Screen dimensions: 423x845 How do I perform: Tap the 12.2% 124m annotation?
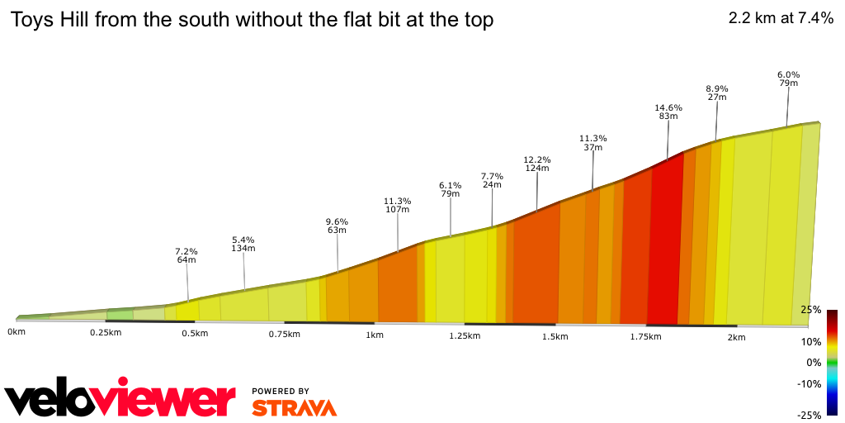[537, 164]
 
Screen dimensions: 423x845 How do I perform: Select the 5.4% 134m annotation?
[243, 244]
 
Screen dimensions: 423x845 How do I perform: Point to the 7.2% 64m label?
[186, 255]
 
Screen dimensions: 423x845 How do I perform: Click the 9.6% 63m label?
[337, 226]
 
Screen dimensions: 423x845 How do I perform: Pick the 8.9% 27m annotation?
[716, 93]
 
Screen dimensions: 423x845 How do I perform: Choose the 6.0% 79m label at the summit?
[788, 78]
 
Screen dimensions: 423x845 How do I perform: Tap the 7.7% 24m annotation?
[492, 180]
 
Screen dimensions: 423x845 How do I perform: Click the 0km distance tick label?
[16, 331]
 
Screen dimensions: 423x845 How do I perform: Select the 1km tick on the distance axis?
[374, 335]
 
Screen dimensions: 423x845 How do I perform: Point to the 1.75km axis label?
[645, 336]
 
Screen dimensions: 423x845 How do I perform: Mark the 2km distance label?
[736, 337]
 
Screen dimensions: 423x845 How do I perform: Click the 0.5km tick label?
[194, 333]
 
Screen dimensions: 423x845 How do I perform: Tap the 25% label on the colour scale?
[810, 310]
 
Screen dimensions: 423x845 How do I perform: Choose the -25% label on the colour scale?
[809, 415]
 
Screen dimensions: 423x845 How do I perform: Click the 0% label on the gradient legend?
[814, 363]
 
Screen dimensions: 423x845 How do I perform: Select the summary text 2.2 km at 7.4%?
[781, 18]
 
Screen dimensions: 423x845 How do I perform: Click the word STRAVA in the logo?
[294, 408]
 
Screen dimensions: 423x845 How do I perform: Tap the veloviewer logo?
[120, 399]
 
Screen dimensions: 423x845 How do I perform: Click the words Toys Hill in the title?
[50, 20]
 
